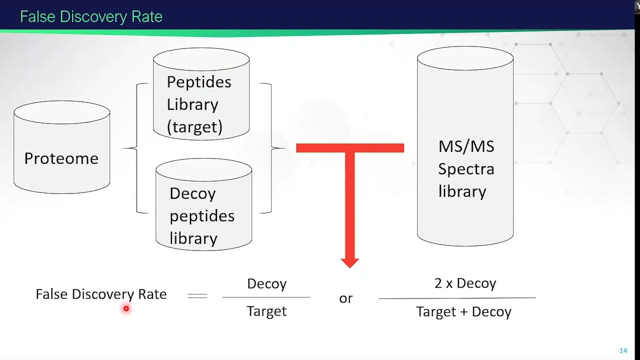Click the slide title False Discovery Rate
[x=91, y=16]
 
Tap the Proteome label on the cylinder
[x=61, y=158]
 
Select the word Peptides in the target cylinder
[x=199, y=82]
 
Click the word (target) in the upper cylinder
[x=194, y=127]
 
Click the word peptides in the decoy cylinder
[x=202, y=216]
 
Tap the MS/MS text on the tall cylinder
[x=466, y=146]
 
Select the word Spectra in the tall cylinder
[x=466, y=169]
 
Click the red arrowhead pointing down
[x=349, y=263]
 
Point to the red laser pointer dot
[x=126, y=308]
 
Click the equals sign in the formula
[x=197, y=296]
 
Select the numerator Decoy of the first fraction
[x=267, y=284]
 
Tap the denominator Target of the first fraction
[x=266, y=311]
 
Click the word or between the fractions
[x=345, y=299]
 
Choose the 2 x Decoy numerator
[x=465, y=283]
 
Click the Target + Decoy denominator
[x=463, y=311]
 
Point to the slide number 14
[x=623, y=350]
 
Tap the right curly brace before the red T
[x=271, y=148]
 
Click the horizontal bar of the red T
[x=350, y=148]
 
